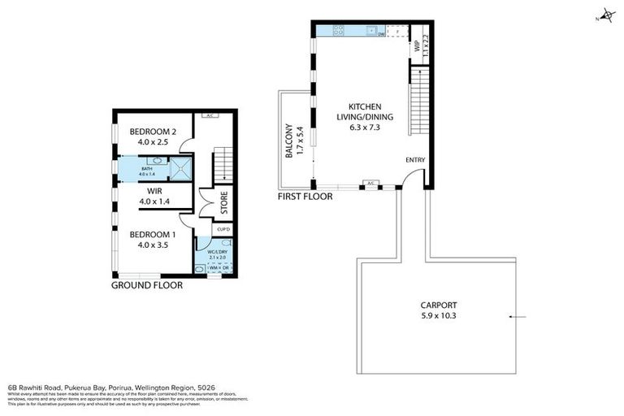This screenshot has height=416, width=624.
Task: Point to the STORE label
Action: click(x=223, y=203)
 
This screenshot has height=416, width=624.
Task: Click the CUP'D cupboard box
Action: click(x=223, y=230)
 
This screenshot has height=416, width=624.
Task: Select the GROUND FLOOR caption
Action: click(x=147, y=286)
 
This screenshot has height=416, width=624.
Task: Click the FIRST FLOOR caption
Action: click(x=305, y=196)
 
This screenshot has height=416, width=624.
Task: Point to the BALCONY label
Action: click(x=288, y=141)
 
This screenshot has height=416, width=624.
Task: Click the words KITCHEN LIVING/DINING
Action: click(x=370, y=112)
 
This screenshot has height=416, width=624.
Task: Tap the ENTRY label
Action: click(x=414, y=160)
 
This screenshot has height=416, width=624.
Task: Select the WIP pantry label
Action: click(x=417, y=46)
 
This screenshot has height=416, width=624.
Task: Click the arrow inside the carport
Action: click(x=516, y=316)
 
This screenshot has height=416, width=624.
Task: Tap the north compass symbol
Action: click(x=604, y=16)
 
